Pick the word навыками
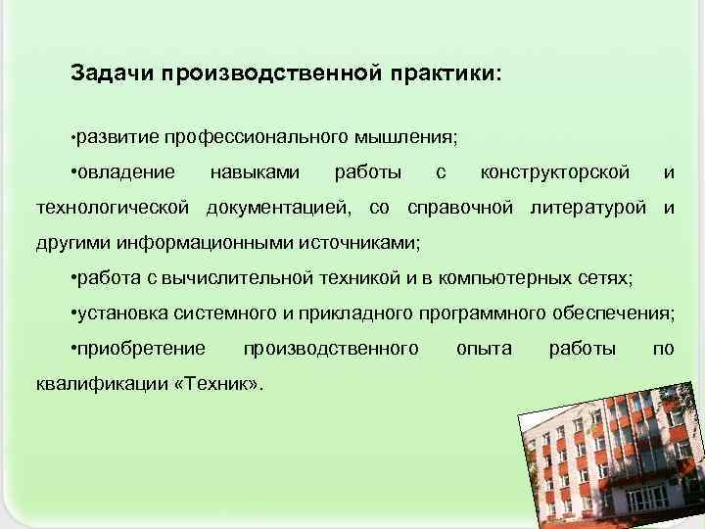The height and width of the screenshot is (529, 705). pos(255,173)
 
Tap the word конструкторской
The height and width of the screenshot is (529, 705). pos(555,173)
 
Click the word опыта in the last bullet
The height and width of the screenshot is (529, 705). pos(484,348)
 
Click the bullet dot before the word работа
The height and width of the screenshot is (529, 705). pos(75,278)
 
